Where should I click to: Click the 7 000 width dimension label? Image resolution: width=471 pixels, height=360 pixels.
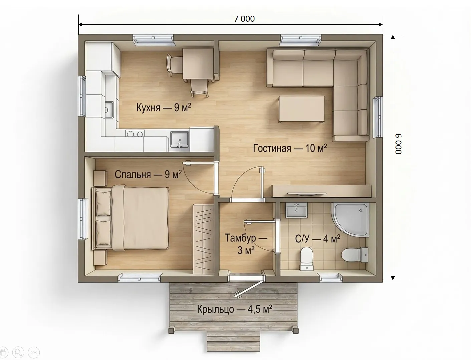[244, 19]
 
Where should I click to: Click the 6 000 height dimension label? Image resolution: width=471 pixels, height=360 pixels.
[399, 144]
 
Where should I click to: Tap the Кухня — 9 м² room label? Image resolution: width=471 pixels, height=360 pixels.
[164, 107]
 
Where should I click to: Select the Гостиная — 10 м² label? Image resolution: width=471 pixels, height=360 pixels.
[290, 148]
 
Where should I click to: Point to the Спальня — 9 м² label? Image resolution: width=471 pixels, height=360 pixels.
[148, 174]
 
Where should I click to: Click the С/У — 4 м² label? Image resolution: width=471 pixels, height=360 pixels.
[318, 239]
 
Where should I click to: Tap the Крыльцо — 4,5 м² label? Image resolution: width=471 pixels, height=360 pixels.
[235, 309]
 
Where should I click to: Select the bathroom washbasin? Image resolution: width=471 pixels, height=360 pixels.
[296, 210]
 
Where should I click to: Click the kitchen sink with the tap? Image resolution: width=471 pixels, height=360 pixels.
[180, 139]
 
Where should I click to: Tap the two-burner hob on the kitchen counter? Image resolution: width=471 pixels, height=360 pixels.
[135, 133]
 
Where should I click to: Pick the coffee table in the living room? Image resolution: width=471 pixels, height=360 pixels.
[302, 109]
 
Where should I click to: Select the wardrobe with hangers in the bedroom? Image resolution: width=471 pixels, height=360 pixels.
[203, 239]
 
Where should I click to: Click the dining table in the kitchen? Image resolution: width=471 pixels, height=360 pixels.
[198, 64]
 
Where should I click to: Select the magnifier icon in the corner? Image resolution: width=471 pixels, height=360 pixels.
[18, 352]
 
